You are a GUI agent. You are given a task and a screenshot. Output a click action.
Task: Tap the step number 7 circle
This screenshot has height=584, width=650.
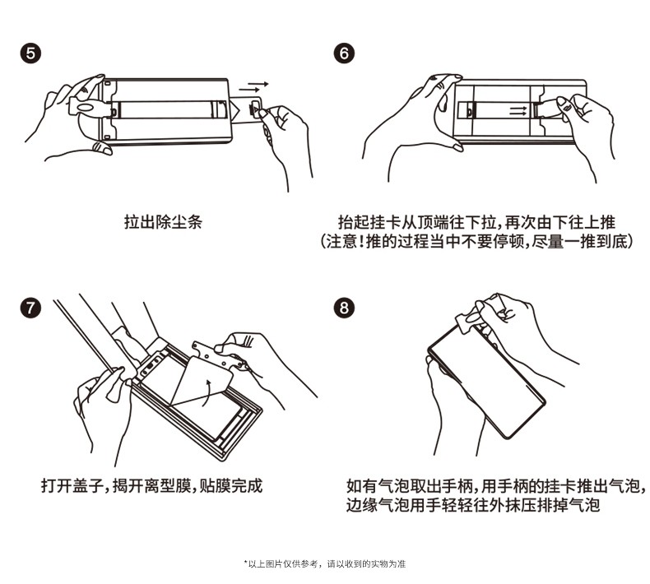click(30, 308)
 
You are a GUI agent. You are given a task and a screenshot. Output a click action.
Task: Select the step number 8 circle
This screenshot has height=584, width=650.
click(345, 308)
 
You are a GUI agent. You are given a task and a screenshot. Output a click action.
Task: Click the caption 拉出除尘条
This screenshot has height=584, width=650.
click(162, 222)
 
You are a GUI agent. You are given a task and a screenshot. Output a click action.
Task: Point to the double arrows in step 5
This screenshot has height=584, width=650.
click(255, 86)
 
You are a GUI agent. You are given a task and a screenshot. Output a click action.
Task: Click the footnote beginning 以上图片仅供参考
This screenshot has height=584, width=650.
click(325, 564)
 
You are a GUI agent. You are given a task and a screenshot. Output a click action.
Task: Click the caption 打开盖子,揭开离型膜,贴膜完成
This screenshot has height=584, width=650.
click(151, 485)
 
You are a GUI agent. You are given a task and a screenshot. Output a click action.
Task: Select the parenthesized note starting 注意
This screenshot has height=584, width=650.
click(476, 243)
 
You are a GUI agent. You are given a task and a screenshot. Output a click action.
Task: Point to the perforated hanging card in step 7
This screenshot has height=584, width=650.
click(216, 351)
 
